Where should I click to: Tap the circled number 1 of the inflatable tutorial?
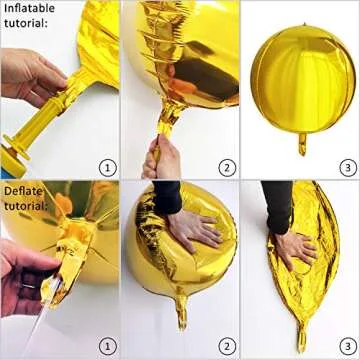pos(107,167)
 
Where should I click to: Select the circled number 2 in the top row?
pos(227,167)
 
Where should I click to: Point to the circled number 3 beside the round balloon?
pos(346,167)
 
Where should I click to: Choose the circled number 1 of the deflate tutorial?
pos(107,347)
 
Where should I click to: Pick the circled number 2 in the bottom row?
pos(227,347)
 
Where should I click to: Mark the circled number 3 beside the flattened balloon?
pos(346,347)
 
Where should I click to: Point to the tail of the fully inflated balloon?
pos(301,144)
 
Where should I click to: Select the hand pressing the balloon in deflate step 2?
pos(194,231)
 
